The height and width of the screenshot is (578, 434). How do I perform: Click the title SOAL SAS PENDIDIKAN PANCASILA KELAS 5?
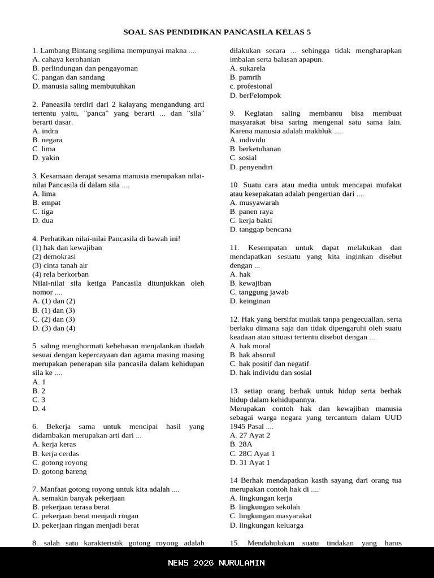point(217,32)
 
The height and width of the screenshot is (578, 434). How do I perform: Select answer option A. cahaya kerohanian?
point(67,59)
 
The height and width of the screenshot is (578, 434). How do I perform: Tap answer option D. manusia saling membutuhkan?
point(84,86)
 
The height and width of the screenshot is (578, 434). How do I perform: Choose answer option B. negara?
point(47,140)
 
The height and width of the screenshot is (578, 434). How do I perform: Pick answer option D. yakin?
point(46,158)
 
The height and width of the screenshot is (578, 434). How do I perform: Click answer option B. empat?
point(46,203)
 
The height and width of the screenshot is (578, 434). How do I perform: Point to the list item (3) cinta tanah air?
point(60,265)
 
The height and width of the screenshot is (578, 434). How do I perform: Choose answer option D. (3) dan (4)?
point(54,328)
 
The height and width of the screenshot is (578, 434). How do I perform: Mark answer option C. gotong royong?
point(60,463)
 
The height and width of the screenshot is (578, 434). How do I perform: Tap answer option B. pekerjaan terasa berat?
point(71,507)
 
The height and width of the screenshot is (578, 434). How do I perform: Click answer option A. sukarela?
point(248,68)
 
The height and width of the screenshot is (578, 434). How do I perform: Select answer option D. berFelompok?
point(255,95)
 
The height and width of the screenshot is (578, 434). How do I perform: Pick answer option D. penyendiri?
point(251,167)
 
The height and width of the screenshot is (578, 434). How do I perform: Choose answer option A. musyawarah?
point(254,203)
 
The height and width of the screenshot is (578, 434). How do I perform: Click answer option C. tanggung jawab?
point(259,292)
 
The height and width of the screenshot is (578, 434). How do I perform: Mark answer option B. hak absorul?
point(252,355)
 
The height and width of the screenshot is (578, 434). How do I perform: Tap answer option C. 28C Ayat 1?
point(252,454)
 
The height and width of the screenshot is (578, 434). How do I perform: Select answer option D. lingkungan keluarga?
point(267,526)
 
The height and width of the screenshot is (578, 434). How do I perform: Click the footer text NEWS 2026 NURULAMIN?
point(216,563)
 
